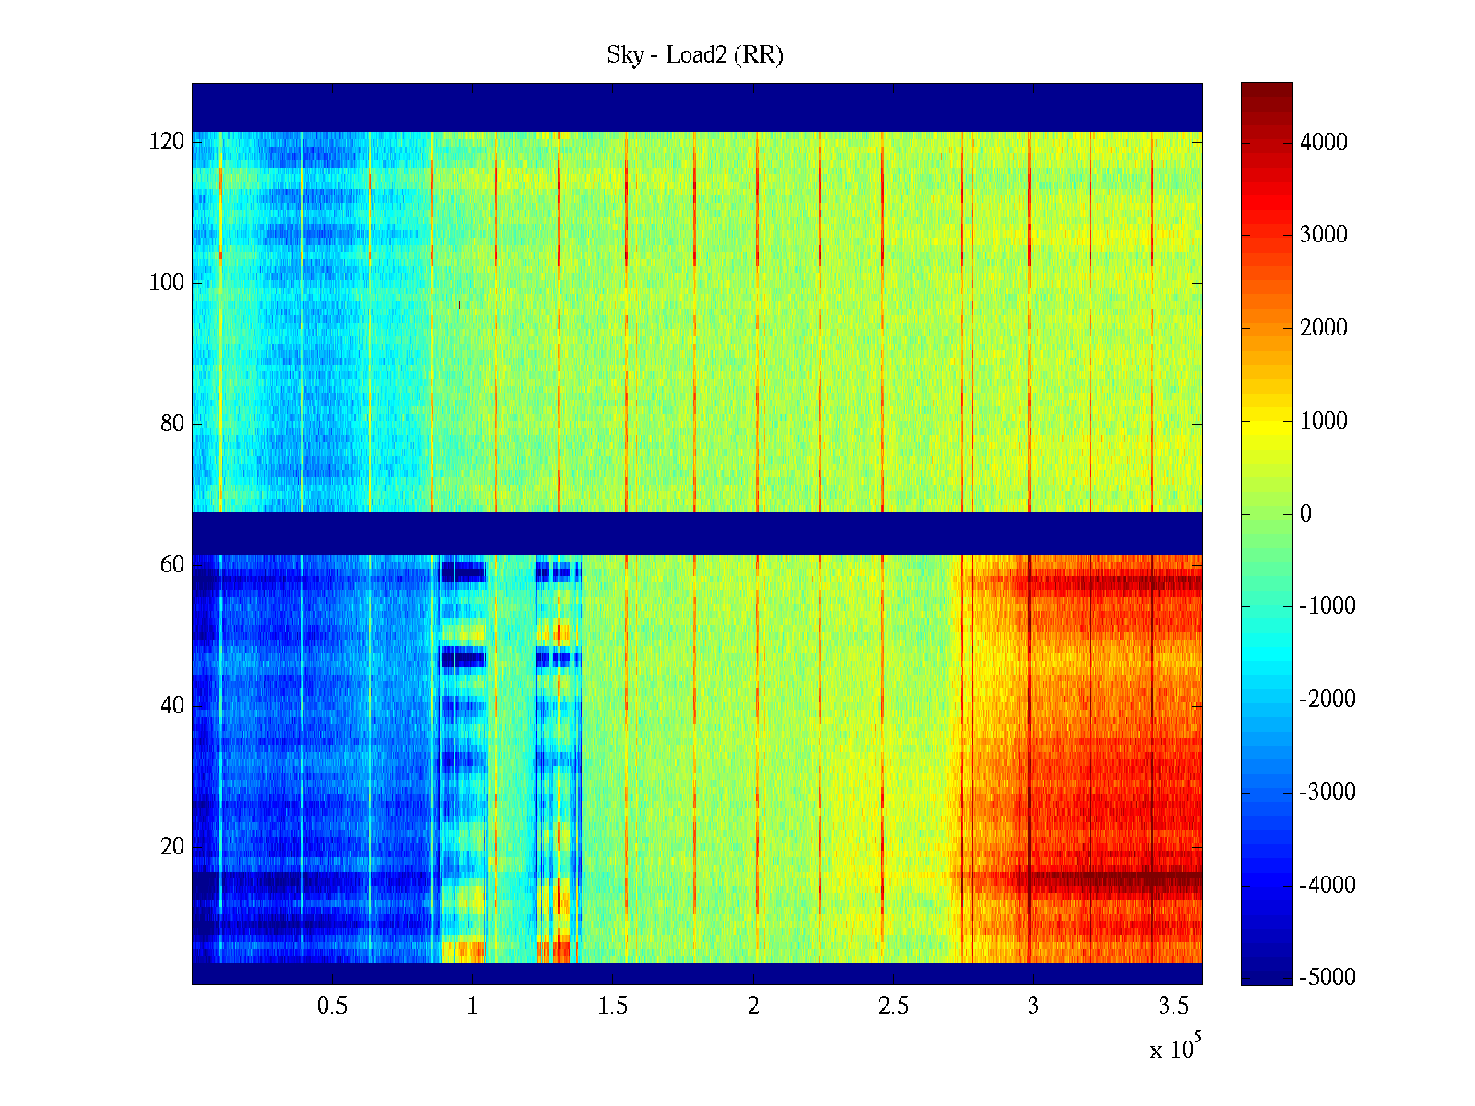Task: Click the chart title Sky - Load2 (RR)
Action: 695,55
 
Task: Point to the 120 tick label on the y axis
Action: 167,142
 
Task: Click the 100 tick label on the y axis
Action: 167,283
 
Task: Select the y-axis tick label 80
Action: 172,424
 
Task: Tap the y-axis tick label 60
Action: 172,565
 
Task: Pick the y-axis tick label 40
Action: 172,706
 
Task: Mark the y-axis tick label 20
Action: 172,847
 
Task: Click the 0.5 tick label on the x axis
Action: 332,1006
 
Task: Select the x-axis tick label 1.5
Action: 613,1006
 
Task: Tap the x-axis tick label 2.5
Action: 893,1006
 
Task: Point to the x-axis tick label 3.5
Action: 1174,1006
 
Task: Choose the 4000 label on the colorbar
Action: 1324,142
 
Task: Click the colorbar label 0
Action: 1305,513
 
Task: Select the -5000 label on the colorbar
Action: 1327,978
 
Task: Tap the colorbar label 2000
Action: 1324,328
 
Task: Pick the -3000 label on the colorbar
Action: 1327,792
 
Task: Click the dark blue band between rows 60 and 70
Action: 697,534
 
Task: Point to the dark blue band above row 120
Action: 697,107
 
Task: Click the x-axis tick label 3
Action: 1033,1006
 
